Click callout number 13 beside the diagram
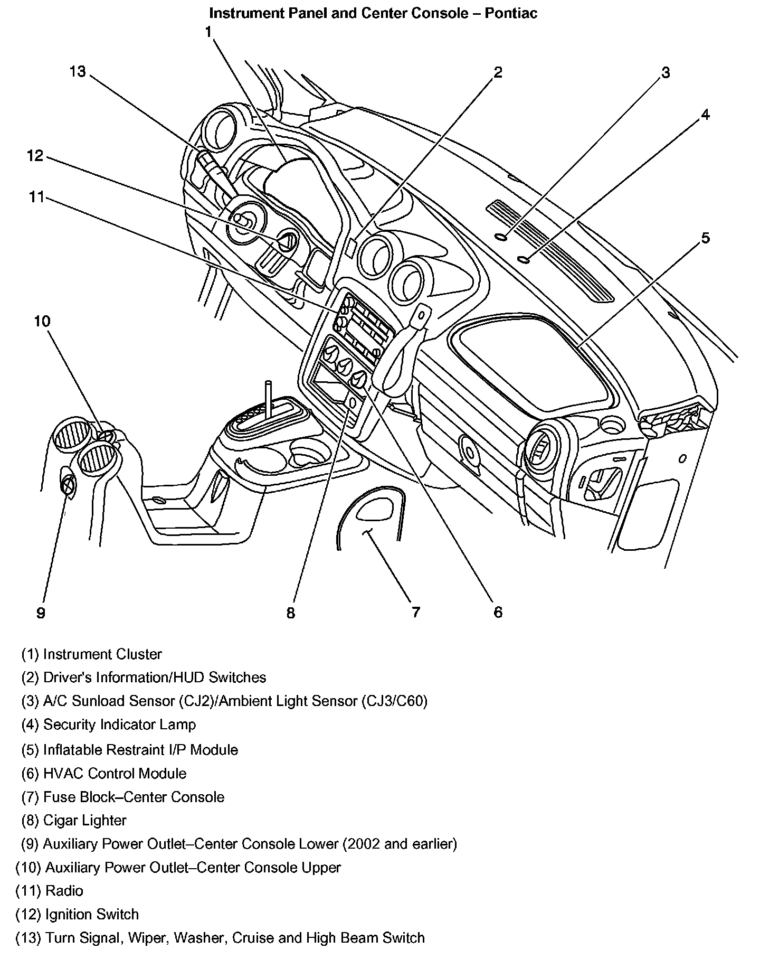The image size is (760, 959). pyautogui.click(x=78, y=71)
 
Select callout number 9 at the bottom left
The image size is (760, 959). pyautogui.click(x=41, y=613)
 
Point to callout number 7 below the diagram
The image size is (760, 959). pyautogui.click(x=416, y=612)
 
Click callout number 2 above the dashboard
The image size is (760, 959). pyautogui.click(x=498, y=72)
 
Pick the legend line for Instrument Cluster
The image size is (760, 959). pyautogui.click(x=91, y=654)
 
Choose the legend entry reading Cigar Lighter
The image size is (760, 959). pyautogui.click(x=74, y=820)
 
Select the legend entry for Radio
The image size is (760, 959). pyautogui.click(x=49, y=891)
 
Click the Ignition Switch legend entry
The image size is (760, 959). pyautogui.click(x=77, y=914)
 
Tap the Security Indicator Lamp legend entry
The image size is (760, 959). pyautogui.click(x=108, y=725)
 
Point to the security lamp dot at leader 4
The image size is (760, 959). pyautogui.click(x=524, y=259)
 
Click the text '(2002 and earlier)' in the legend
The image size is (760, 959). pyautogui.click(x=400, y=844)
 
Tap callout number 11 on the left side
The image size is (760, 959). pyautogui.click(x=37, y=197)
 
